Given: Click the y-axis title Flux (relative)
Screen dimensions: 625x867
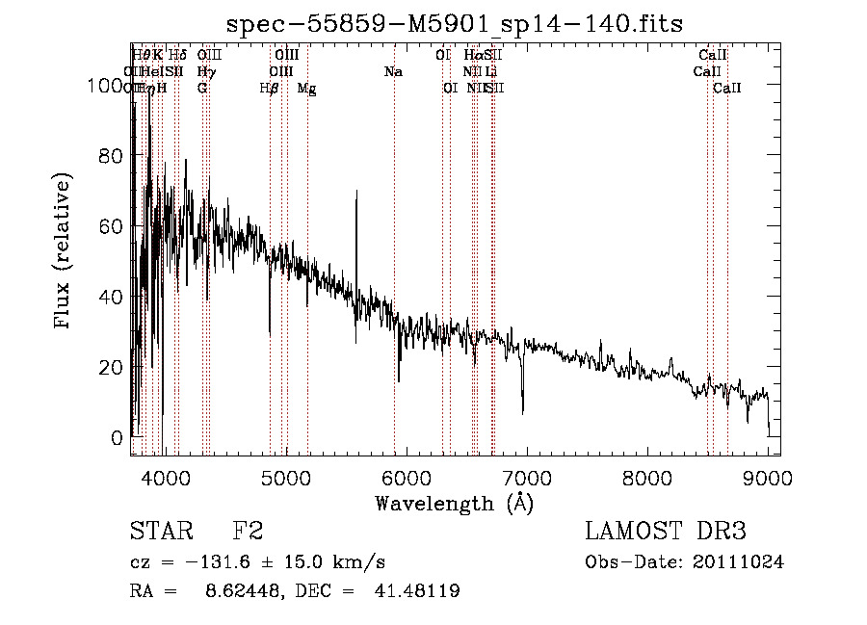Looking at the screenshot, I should (x=65, y=252).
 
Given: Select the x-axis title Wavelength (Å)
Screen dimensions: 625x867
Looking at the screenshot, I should (x=454, y=503).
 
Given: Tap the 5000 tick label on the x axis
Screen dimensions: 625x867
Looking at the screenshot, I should (x=285, y=477).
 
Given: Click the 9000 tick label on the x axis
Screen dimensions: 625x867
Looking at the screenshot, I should (x=769, y=477).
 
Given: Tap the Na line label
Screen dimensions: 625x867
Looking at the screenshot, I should (x=393, y=72).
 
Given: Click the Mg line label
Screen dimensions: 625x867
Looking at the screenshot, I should (x=306, y=89).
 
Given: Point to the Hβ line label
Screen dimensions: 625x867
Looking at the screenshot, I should (x=270, y=89).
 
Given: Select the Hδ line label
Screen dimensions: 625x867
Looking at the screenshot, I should (x=177, y=56).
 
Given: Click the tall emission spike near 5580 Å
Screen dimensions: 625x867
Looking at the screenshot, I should (x=356, y=193).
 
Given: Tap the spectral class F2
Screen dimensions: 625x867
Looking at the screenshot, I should (x=248, y=532).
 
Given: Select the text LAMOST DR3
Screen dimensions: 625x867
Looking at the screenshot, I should (x=666, y=532).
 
